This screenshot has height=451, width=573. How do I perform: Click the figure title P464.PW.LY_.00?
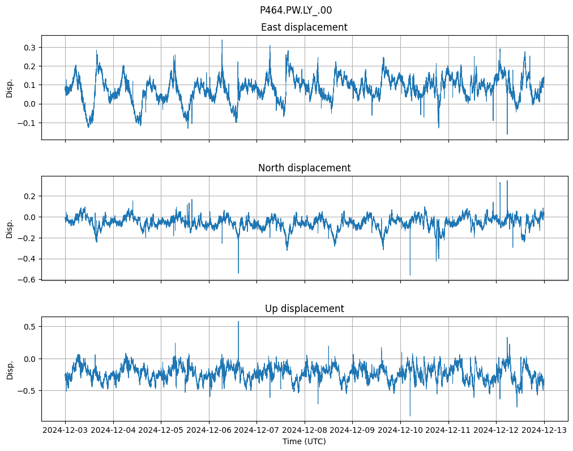coord(296,10)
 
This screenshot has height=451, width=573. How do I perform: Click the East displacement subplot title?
coord(304,27)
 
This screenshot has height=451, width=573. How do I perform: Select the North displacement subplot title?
coord(304,168)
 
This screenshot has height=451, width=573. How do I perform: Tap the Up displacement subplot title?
coord(304,309)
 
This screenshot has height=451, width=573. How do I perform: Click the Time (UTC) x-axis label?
coord(304,441)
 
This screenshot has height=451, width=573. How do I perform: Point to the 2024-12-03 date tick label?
coord(65,431)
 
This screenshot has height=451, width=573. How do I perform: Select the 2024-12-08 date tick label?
coord(305,431)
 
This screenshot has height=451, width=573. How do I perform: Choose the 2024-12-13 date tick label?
coord(545,431)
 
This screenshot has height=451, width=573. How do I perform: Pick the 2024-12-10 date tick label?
coord(400,431)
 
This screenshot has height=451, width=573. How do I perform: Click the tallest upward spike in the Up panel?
coord(238,322)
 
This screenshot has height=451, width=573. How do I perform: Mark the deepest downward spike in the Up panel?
coord(410,416)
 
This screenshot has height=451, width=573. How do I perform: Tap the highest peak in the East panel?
coord(222,40)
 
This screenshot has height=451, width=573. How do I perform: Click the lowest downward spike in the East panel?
coord(507,134)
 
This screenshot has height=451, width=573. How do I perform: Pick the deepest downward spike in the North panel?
coord(410,275)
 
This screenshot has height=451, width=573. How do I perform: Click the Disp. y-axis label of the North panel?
coord(10,228)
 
